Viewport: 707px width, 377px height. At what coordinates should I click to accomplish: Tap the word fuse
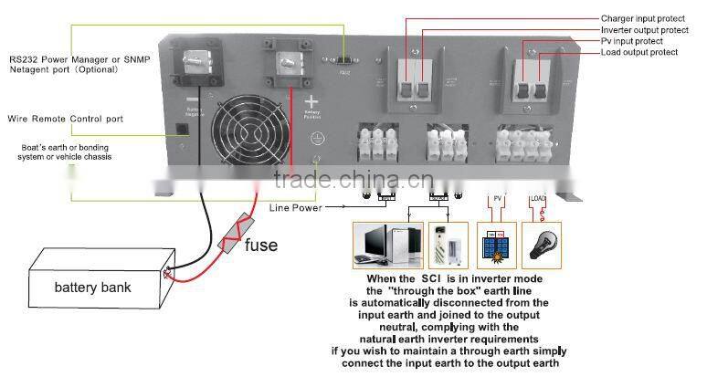click(x=261, y=245)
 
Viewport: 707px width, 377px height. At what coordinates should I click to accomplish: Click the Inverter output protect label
click(x=644, y=30)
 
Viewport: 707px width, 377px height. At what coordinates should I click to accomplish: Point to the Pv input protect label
click(x=632, y=41)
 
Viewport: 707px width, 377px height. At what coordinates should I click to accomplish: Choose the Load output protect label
click(x=638, y=53)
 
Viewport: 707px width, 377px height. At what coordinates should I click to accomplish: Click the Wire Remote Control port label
click(x=65, y=119)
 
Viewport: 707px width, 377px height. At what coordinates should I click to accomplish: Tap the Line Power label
click(x=296, y=207)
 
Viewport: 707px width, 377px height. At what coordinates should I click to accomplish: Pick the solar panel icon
click(x=498, y=244)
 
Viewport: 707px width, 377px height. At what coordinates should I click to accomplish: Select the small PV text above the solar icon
click(x=499, y=198)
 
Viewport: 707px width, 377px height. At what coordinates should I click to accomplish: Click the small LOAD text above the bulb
click(x=539, y=198)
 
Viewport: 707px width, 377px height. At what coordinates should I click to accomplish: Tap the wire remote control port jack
click(x=183, y=127)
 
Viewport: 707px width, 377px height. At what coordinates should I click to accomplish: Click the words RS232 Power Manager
click(x=49, y=58)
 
